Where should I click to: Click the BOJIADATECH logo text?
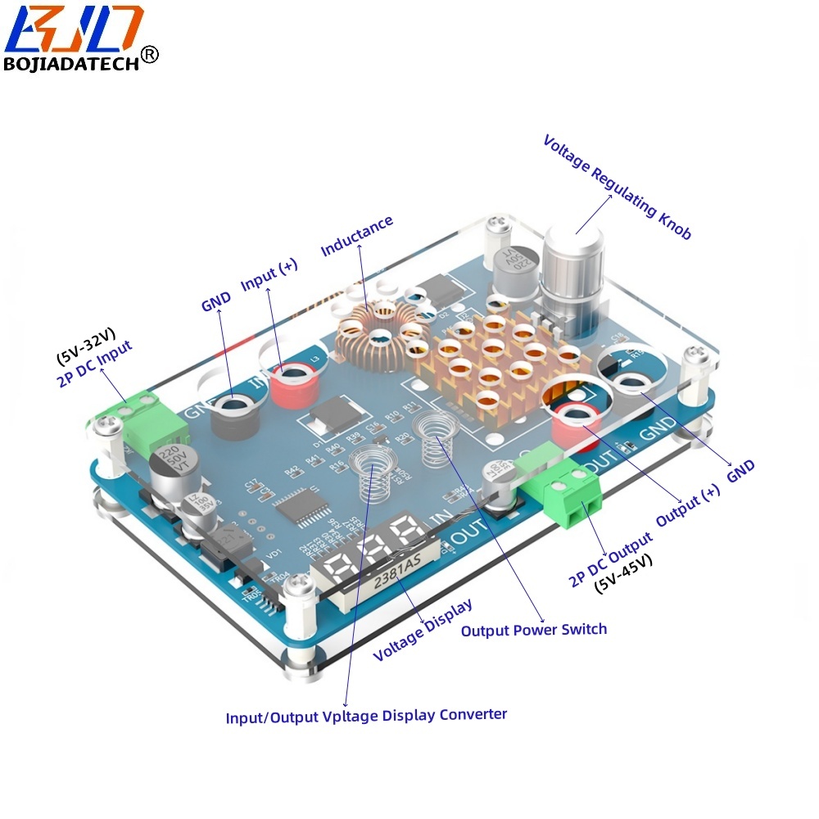[x=72, y=65]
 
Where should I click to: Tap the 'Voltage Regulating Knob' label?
[x=618, y=187]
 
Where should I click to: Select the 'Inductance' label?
[x=357, y=236]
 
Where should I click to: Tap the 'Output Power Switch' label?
[x=534, y=630]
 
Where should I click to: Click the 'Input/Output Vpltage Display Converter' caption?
[x=366, y=716]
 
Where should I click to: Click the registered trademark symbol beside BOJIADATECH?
[x=149, y=54]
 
